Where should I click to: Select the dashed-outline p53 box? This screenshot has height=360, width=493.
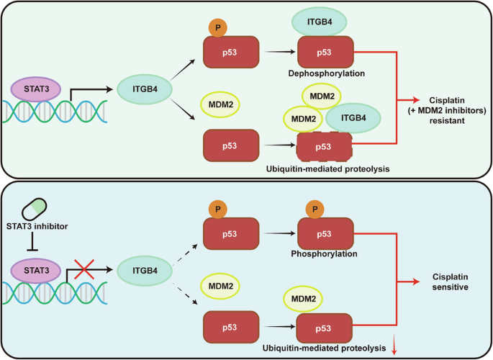tap(325, 148)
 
